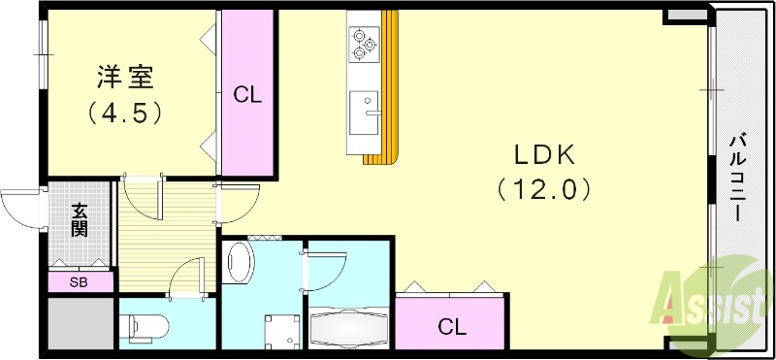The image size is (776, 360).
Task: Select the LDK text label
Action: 545,156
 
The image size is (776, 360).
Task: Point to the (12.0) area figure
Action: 545,189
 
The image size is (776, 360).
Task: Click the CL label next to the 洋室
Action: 247,94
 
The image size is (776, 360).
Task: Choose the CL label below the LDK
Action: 452,327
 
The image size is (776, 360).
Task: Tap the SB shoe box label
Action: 79,282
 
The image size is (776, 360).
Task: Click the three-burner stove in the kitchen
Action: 365,44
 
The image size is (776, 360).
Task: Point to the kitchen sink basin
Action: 365,113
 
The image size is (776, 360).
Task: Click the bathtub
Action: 350,328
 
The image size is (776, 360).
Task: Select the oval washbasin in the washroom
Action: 239,262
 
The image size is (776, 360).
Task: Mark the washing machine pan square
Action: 282,331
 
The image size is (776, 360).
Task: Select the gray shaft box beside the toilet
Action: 81,323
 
